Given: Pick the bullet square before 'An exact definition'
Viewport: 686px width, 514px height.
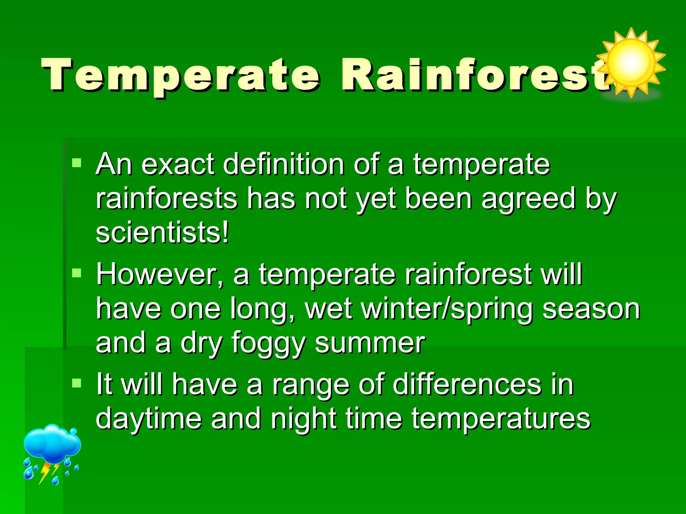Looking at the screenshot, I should pos(77,163).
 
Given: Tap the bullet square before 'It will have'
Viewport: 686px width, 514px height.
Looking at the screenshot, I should pos(77,383).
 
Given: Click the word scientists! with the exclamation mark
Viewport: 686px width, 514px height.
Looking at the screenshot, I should pos(162,233).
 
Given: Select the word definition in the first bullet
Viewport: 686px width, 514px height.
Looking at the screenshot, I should pos(283,165).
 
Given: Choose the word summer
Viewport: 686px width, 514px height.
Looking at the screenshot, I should pos(370,343).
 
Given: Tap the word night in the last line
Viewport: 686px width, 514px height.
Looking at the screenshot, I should pos(303,419).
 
